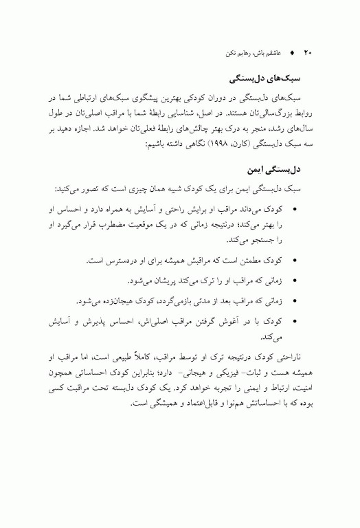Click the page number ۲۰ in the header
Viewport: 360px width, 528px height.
[308, 52]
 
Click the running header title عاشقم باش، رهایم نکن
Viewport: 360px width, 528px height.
[249, 52]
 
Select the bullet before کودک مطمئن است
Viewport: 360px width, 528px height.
[295, 262]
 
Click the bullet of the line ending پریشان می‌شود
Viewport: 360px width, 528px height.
[295, 281]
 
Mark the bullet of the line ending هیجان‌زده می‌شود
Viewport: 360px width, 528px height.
[295, 300]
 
